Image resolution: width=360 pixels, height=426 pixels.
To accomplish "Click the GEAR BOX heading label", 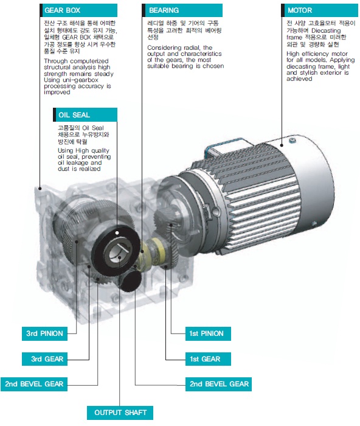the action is tap(78, 10).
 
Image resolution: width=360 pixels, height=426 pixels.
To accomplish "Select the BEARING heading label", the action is tap(182, 10).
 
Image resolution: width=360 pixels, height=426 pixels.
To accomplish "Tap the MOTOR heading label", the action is tap(319, 10).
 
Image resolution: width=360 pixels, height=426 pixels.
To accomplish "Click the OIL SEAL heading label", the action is tap(85, 114).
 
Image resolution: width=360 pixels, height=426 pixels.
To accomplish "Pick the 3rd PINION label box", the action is tap(44, 333).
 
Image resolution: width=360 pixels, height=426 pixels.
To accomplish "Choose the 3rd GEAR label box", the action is tap(44, 359).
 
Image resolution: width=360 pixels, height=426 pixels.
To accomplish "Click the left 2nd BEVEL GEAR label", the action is tap(34, 384).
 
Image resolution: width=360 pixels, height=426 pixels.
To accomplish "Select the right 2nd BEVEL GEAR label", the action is tap(218, 384).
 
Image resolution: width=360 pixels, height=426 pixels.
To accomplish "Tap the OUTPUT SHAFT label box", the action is tap(120, 413).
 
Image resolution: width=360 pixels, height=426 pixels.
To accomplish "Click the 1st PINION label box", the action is tap(208, 333).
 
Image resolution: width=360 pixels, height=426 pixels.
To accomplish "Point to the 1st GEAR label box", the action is tap(208, 359).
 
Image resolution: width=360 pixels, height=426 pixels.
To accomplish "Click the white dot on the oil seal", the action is tap(117, 233).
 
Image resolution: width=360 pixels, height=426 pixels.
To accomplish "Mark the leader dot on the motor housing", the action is tap(282, 145).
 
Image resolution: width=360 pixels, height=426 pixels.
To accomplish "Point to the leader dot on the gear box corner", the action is tap(40, 188).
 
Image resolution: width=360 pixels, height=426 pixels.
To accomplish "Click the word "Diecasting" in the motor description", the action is tap(326, 30).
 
